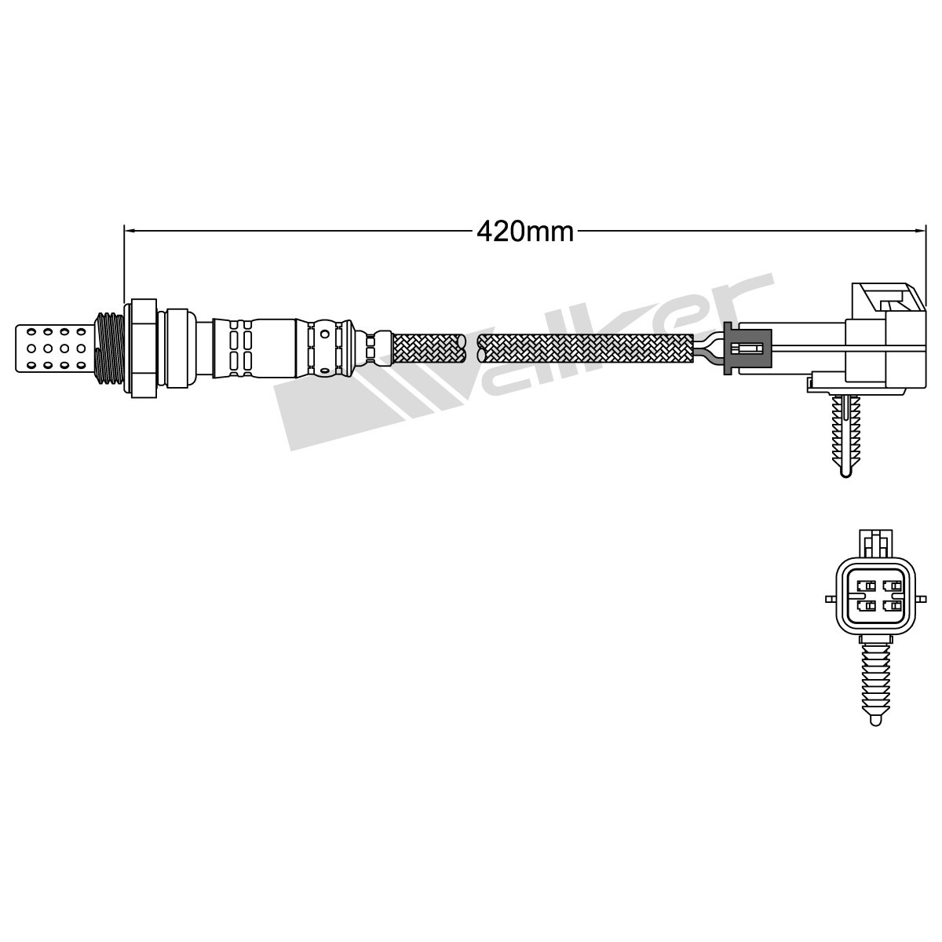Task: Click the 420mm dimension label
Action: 525,231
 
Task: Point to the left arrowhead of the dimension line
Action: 131,231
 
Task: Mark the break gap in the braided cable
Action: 470,346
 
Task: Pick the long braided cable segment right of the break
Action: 585,346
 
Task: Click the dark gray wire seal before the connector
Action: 746,346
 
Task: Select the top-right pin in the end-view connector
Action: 890,586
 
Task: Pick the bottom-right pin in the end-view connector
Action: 890,606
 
